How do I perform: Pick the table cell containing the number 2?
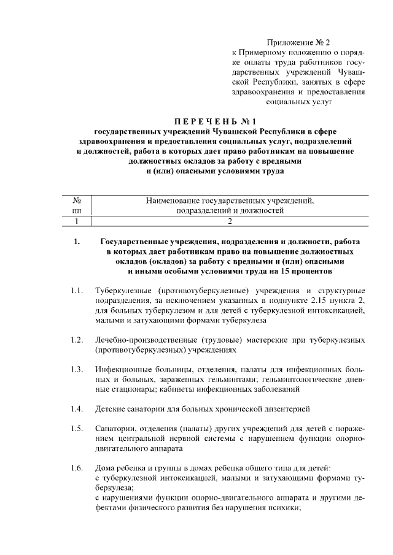[x=230, y=221]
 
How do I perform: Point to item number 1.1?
[x=76, y=290]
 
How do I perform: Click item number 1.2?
[x=76, y=339]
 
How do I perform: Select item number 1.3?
[x=76, y=369]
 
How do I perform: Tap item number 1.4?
[x=76, y=408]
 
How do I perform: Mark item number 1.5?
[x=76, y=427]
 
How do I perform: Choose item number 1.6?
[x=76, y=469]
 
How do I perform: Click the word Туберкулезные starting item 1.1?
[x=123, y=290]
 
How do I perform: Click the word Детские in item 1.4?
[x=110, y=408]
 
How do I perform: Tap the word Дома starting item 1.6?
[x=106, y=469]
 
